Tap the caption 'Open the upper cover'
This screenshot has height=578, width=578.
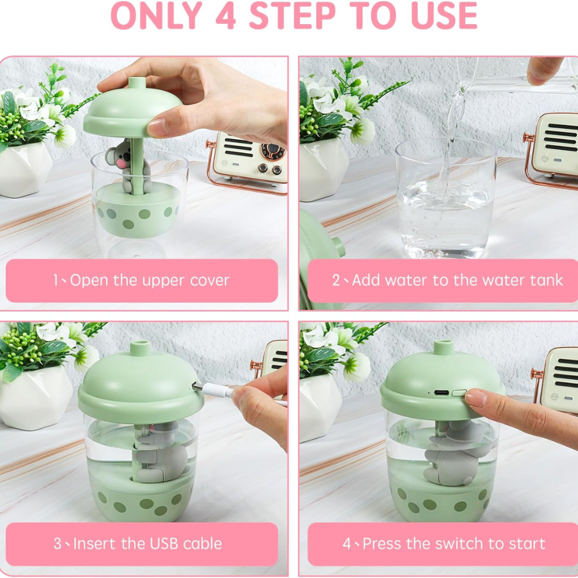click(x=149, y=281)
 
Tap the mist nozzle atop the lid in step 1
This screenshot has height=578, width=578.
click(x=136, y=84)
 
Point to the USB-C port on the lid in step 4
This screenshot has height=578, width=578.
click(x=442, y=392)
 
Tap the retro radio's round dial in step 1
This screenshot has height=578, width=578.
click(x=272, y=151)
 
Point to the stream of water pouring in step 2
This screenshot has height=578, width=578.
click(x=448, y=139)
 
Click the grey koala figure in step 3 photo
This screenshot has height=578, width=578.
click(x=156, y=454)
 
